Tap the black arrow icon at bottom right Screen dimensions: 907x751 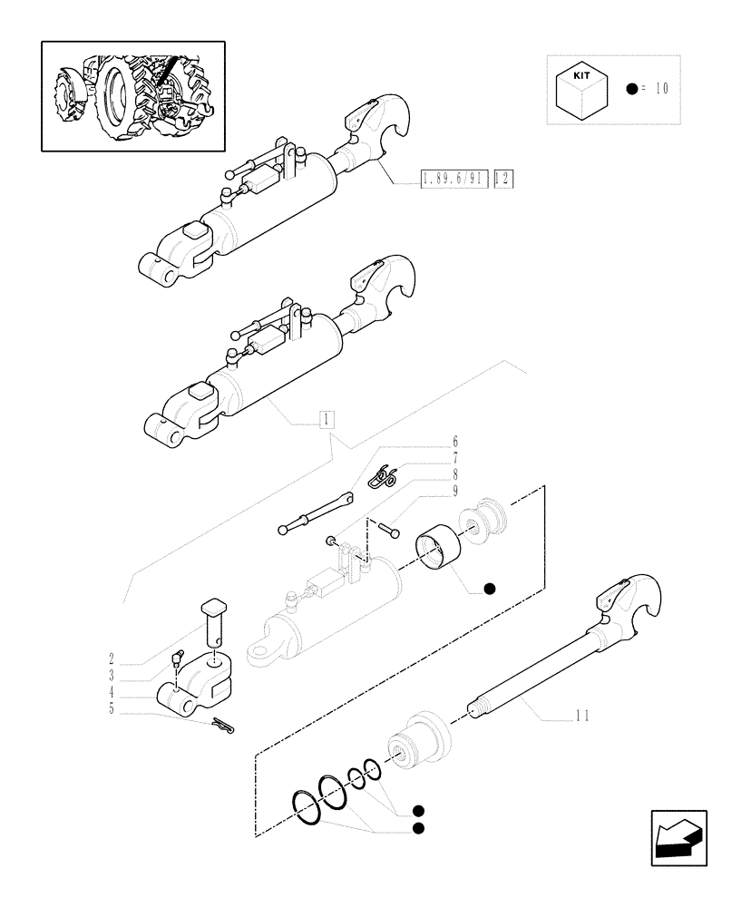pyautogui.click(x=678, y=837)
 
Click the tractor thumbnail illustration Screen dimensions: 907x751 pyautogui.click(x=132, y=95)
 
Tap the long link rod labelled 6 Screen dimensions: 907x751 pyautogui.click(x=314, y=514)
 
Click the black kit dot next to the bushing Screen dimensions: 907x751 pyautogui.click(x=489, y=589)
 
